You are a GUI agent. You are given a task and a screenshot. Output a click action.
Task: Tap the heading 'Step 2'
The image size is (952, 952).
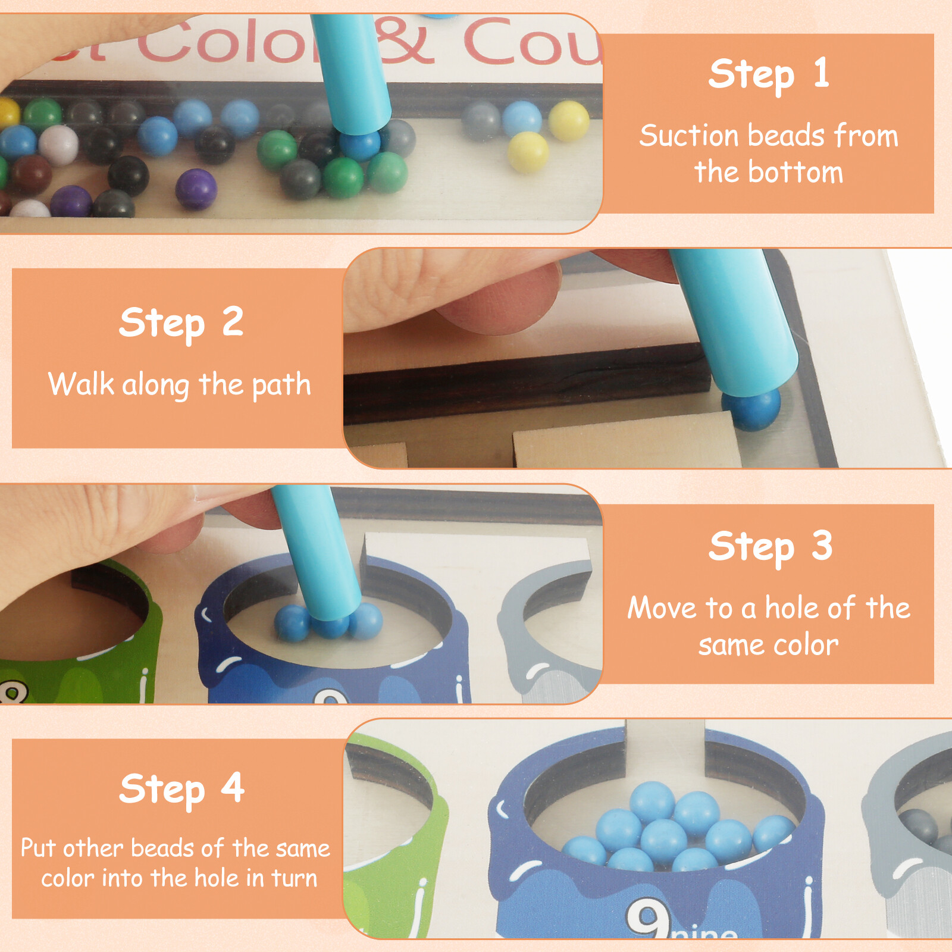point(181,323)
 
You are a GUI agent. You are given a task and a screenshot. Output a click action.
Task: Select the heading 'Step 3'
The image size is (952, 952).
point(770,547)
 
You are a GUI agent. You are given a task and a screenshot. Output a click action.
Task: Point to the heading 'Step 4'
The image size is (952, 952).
point(181,790)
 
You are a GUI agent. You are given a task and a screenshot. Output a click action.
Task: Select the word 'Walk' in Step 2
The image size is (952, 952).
point(81,384)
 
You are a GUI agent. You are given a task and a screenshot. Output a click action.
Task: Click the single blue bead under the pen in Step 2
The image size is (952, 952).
point(751,408)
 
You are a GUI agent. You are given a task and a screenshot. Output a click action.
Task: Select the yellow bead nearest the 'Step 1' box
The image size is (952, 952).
point(568,121)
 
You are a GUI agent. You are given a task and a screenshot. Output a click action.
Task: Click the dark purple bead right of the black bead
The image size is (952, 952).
point(196,189)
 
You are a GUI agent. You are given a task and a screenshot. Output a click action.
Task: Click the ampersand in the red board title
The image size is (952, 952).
point(406,42)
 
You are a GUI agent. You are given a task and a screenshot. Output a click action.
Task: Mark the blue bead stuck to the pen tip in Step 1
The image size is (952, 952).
point(359,145)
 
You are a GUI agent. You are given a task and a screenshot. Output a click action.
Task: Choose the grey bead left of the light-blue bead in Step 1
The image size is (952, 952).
point(481,121)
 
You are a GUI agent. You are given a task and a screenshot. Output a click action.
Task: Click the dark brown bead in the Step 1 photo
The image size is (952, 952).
point(31,174)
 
